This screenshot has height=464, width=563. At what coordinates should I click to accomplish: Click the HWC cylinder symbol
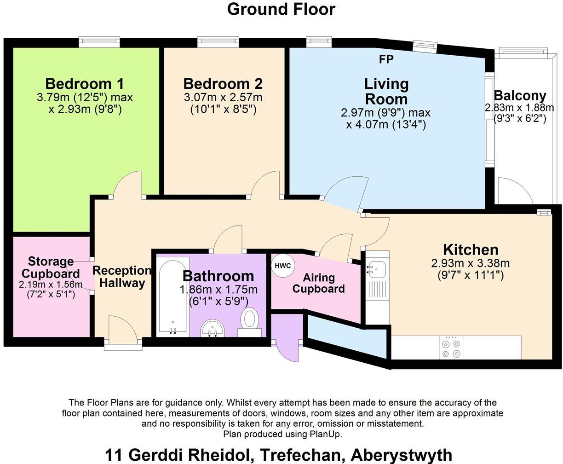coord(283,266)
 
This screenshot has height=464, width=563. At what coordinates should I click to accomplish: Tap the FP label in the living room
coord(386,59)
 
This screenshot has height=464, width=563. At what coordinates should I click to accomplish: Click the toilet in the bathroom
coord(250,322)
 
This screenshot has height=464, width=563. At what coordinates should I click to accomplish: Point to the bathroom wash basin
coord(213,328)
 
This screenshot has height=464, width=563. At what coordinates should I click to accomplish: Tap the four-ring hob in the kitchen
coord(451,348)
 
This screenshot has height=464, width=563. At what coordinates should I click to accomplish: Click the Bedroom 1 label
coord(85,84)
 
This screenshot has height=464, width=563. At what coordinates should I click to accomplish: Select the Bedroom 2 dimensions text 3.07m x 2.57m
coord(223,98)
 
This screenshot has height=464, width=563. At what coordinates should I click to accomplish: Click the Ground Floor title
coord(281,9)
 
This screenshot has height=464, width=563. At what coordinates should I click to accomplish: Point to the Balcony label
coord(520,96)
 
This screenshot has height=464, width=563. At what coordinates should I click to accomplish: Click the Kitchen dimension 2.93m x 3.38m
coord(471,263)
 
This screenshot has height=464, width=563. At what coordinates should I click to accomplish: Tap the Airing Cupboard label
coord(318,283)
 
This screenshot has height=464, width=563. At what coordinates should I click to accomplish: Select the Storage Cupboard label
coord(51,267)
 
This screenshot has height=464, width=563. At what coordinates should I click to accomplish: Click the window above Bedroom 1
coord(99,42)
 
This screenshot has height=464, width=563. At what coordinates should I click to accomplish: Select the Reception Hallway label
coord(122,276)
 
